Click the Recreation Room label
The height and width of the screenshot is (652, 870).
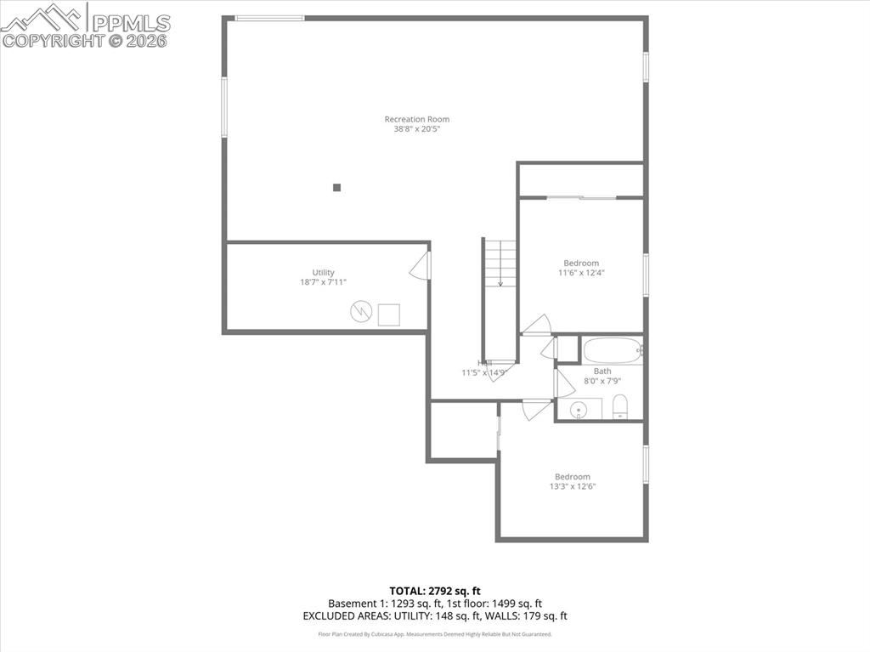coord(416,119)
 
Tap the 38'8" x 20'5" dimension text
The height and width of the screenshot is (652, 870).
coord(416,129)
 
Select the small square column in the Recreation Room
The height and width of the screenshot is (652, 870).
coord(336,188)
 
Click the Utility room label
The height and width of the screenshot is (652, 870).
coord(323,273)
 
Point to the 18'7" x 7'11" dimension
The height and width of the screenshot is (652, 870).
coord(323,282)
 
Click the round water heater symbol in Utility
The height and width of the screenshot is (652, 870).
coord(361,313)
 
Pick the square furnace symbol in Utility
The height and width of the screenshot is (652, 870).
coord(390,314)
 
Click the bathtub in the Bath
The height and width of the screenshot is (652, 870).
coord(610,350)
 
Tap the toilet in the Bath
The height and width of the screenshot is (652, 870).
coord(619,406)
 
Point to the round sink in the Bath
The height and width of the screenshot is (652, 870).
coord(580,410)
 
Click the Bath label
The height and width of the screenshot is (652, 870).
coord(602,371)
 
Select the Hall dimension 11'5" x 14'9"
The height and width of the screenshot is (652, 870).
coord(484,372)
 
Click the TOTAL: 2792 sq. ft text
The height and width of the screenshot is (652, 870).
coord(434,590)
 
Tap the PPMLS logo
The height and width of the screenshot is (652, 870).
coord(85,25)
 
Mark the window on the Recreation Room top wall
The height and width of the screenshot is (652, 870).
coord(269,18)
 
